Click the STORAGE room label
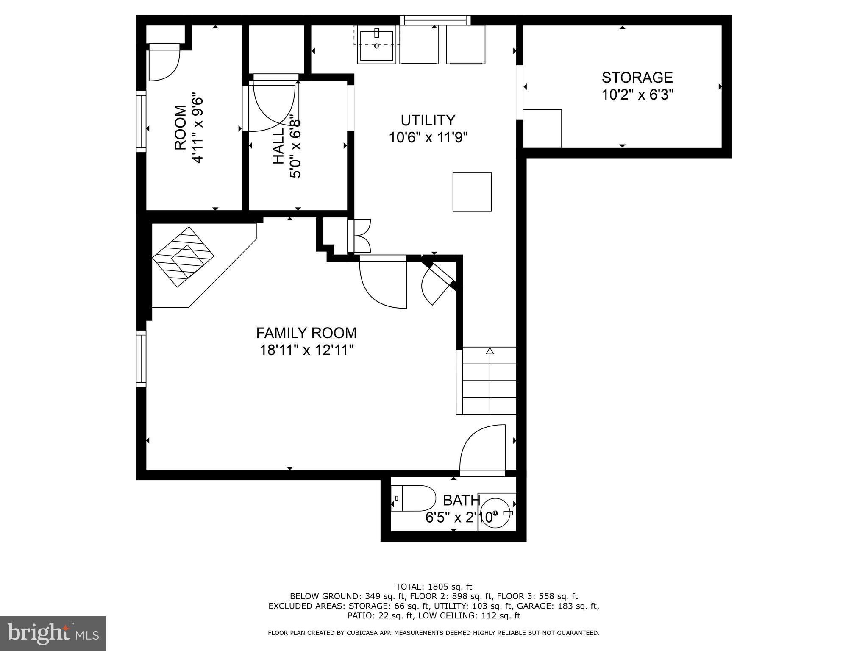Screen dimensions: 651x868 tap(637, 78)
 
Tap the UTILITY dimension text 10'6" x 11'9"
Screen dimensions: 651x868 tap(428, 138)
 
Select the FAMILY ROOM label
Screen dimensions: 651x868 tap(306, 333)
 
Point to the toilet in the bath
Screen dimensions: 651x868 tap(417, 498)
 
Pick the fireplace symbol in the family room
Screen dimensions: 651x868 tap(183, 257)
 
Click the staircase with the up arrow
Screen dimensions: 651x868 tap(489, 380)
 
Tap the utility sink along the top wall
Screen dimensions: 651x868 tap(376, 45)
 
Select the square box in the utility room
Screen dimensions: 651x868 tap(472, 192)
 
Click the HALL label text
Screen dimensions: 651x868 tap(278, 146)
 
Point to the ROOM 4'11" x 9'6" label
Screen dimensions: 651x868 tap(189, 128)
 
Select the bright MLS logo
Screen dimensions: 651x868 tap(53, 634)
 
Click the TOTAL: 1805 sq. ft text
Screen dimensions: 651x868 tap(433, 587)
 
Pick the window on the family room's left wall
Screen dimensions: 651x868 tap(141, 359)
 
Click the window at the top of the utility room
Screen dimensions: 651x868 tap(435, 20)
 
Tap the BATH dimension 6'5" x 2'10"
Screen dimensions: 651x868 tap(460, 517)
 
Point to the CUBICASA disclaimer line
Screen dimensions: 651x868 tap(433, 633)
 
